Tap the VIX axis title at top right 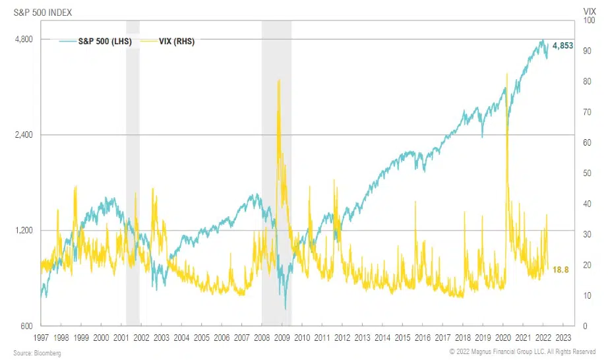590,11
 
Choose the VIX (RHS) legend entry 177,41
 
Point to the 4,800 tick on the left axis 24,40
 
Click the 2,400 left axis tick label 24,135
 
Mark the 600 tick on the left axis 27,326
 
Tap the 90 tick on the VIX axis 586,51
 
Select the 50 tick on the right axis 586,173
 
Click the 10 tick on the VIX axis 586,295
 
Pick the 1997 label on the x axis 41,337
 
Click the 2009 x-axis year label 282,337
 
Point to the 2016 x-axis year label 423,337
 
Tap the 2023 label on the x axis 564,337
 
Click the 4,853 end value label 562,45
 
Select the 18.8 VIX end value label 561,269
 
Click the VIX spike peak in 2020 506,74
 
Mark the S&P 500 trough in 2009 285,308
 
